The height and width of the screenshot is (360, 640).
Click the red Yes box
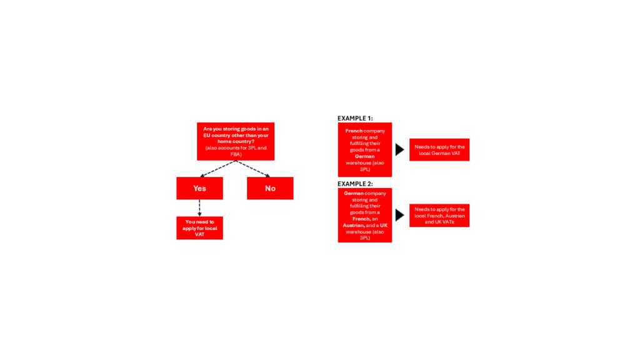click(199, 188)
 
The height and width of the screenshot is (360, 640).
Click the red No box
click(270, 188)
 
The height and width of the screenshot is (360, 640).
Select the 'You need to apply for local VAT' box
click(199, 227)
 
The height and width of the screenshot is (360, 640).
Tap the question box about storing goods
click(236, 141)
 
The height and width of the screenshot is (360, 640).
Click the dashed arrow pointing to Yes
click(218, 169)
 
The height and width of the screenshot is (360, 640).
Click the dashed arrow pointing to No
click(253, 169)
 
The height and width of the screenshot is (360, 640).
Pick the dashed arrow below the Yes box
click(199, 207)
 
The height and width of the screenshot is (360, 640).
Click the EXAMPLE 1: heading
click(355, 118)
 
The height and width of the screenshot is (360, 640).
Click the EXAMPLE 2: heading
click(355, 184)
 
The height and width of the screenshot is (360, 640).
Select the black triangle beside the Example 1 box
click(399, 150)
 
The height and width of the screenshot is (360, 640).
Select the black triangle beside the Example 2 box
click(399, 215)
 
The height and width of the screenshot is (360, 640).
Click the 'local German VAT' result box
click(439, 150)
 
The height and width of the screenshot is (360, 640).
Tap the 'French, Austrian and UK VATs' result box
click(439, 216)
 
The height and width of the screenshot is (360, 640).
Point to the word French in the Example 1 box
click(354, 131)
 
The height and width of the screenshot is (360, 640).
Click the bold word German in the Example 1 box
click(364, 156)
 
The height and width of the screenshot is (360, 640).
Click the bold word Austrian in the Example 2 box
click(353, 225)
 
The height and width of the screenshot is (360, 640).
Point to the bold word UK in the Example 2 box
click(384, 225)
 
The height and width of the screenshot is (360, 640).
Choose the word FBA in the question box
click(236, 154)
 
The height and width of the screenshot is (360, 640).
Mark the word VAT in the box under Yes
click(199, 234)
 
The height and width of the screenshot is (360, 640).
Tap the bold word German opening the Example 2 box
click(354, 194)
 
